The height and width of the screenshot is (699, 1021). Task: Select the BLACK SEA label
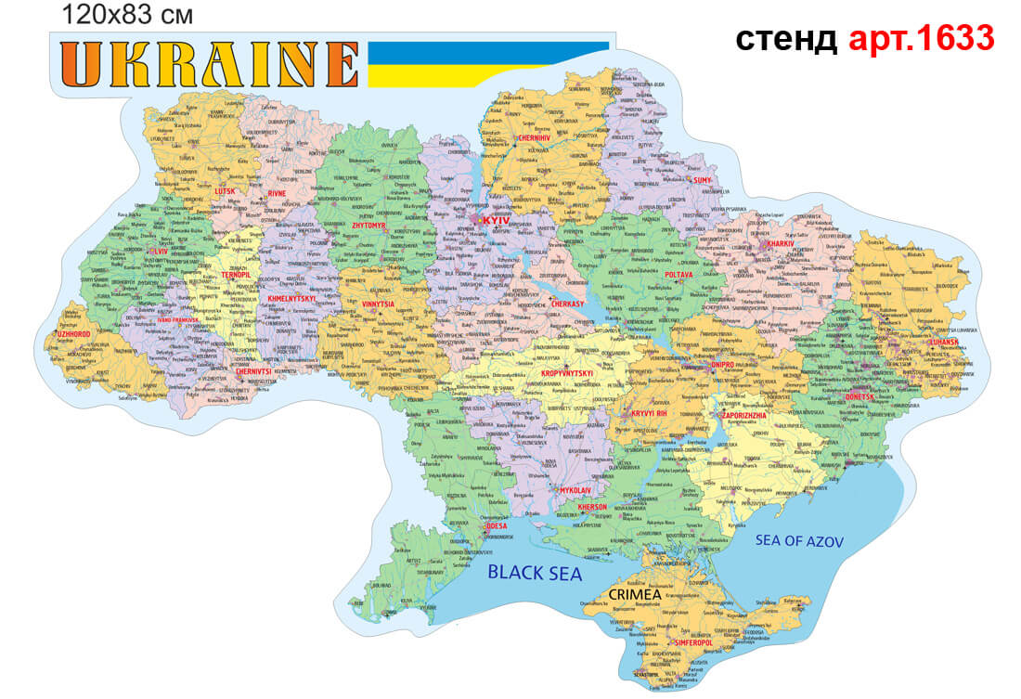(x=536, y=574)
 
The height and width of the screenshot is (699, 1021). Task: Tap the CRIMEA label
(x=640, y=594)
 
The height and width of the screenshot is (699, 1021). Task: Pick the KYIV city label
(x=497, y=220)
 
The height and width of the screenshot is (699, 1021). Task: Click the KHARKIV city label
(x=781, y=244)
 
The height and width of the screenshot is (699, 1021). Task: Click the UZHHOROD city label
(x=72, y=333)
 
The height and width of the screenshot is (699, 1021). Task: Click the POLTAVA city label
(x=679, y=276)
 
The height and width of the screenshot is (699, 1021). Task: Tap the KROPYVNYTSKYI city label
(x=566, y=373)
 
